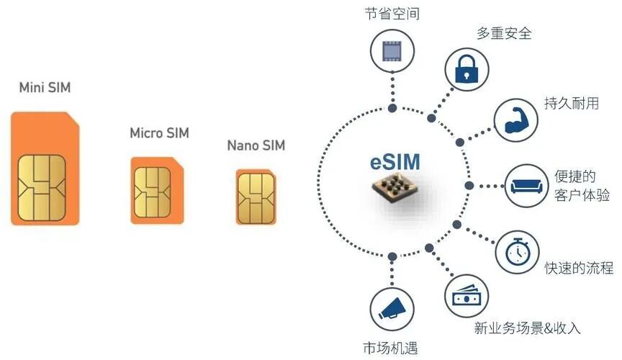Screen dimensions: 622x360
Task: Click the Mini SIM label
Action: tap(45, 89)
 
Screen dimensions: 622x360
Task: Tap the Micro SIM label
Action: tap(159, 133)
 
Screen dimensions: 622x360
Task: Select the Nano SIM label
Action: tap(256, 145)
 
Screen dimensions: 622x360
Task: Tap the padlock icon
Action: tap(465, 70)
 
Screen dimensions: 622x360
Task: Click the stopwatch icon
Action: tap(516, 251)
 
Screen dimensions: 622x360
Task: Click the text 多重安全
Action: tap(504, 33)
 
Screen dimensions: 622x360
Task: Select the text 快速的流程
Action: tap(579, 268)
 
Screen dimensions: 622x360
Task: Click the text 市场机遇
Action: tap(392, 346)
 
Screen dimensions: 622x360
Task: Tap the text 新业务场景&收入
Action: tap(527, 328)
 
